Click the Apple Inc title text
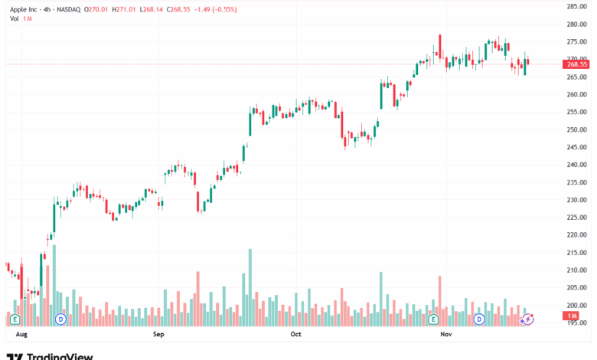click(x=24, y=9)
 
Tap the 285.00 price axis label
click(x=576, y=6)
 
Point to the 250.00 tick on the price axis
click(x=576, y=130)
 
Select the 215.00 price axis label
click(x=576, y=253)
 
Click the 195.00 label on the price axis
click(x=576, y=322)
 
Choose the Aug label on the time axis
click(x=21, y=334)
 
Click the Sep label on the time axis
click(x=158, y=334)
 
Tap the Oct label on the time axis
click(x=296, y=334)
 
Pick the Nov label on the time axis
click(x=446, y=334)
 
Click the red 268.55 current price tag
click(x=576, y=64)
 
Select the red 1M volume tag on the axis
click(x=571, y=316)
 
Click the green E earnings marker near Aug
click(x=15, y=319)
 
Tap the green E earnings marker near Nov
click(x=433, y=319)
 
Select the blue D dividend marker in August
click(x=60, y=319)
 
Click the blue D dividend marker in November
click(x=479, y=319)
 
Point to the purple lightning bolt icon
click(x=527, y=319)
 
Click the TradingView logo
click(x=50, y=357)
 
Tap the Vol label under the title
click(x=14, y=18)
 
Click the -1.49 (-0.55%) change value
click(x=216, y=9)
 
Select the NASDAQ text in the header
click(x=69, y=9)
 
